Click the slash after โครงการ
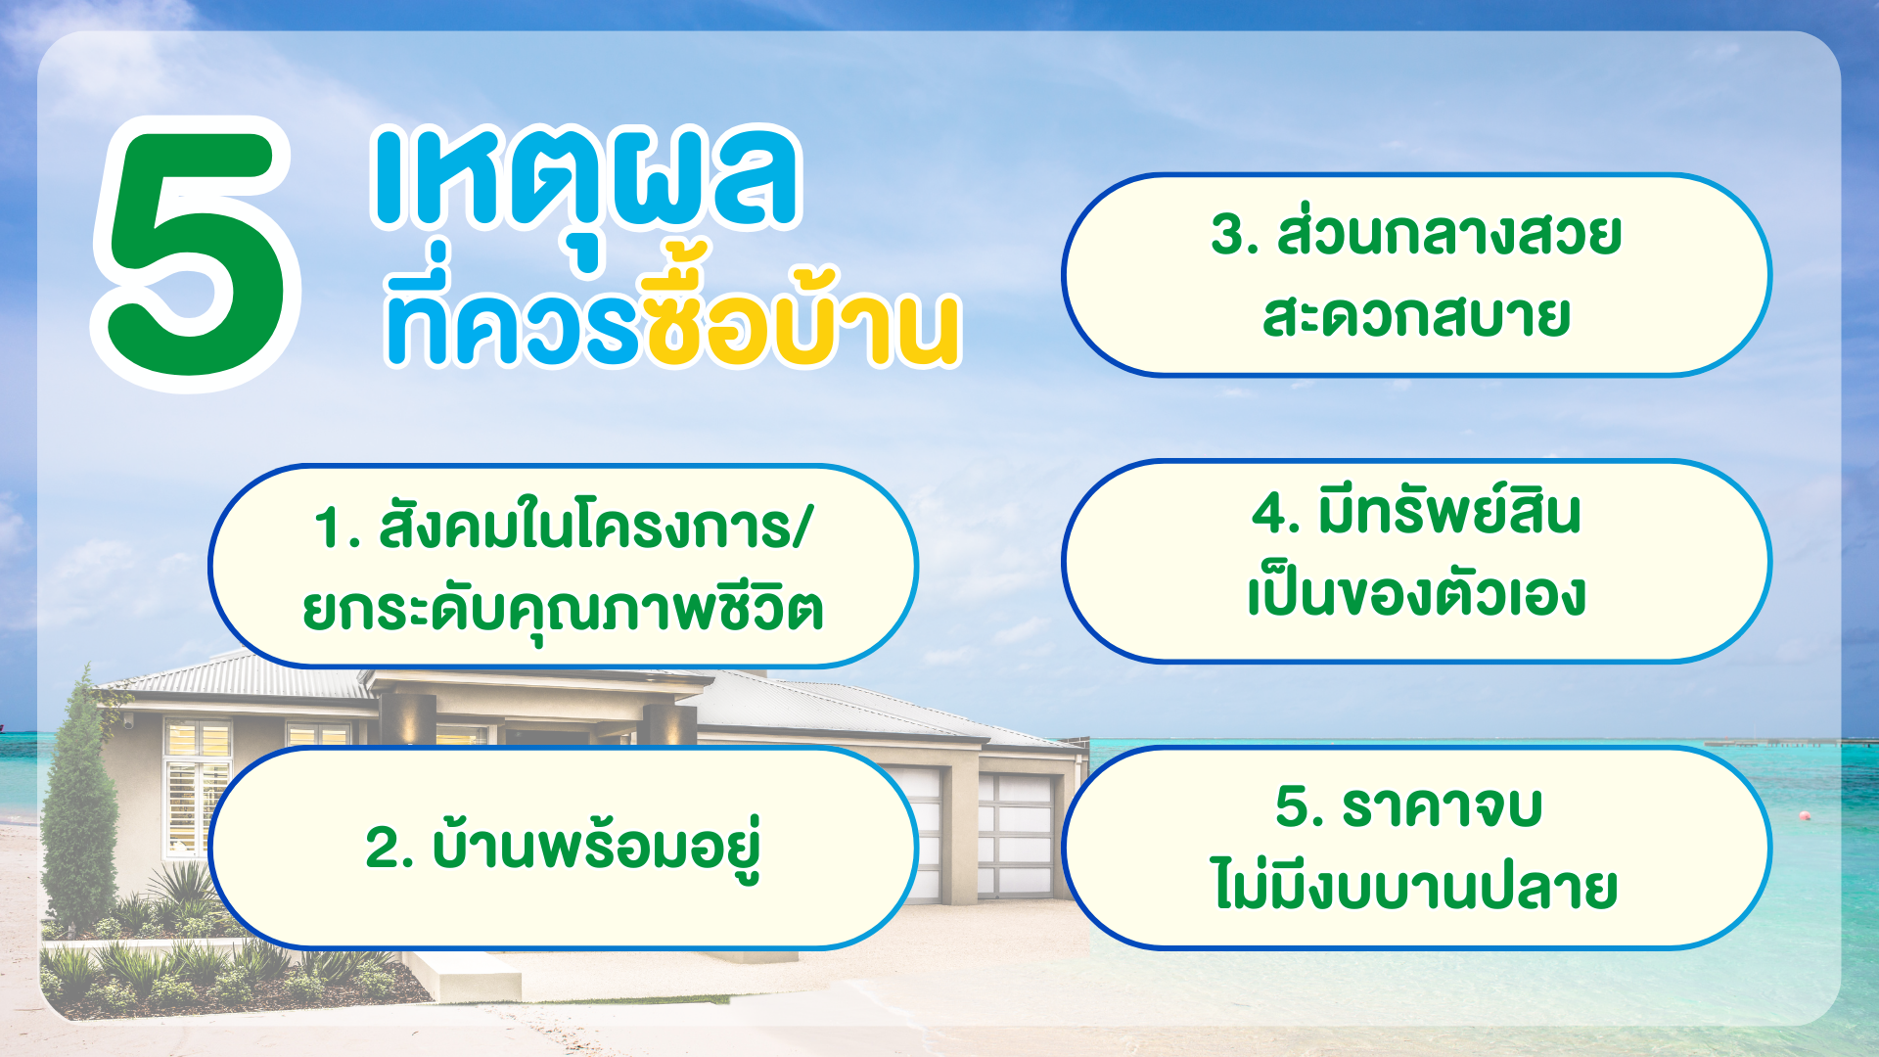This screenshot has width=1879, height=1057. [x=802, y=528]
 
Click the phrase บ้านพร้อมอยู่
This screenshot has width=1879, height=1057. [x=596, y=846]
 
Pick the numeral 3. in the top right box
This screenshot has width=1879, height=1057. [x=1234, y=236]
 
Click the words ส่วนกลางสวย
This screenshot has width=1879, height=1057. [x=1449, y=232]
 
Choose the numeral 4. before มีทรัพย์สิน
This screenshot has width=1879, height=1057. [x=1275, y=514]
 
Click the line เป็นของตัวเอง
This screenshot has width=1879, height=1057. [x=1416, y=594]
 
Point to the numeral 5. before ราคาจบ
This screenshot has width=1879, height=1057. [x=1300, y=807]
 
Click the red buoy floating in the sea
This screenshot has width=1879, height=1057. [x=1805, y=815]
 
